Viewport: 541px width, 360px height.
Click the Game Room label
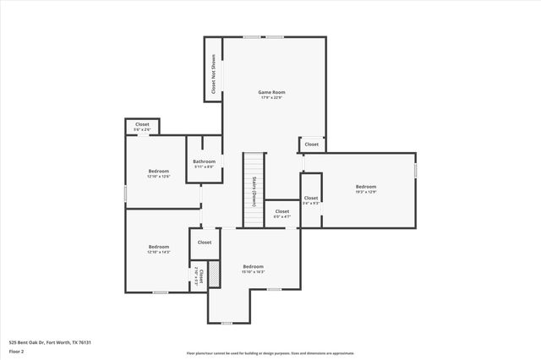pyautogui.click(x=271, y=92)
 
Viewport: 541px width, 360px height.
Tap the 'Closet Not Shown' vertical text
pyautogui.click(x=212, y=74)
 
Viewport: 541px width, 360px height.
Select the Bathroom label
pyautogui.click(x=204, y=161)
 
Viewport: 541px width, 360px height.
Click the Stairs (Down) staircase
pyautogui.click(x=254, y=190)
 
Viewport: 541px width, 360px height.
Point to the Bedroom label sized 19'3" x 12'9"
pyautogui.click(x=365, y=187)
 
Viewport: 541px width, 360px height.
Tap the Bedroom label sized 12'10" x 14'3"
pyautogui.click(x=159, y=247)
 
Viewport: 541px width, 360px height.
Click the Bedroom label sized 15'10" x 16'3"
pyautogui.click(x=254, y=266)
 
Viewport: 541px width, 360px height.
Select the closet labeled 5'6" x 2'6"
pyautogui.click(x=142, y=125)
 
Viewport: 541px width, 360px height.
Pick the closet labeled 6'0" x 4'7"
pyautogui.click(x=282, y=212)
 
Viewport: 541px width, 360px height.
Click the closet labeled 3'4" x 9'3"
pyautogui.click(x=311, y=199)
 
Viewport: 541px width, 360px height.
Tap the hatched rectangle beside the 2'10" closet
pyautogui.click(x=216, y=271)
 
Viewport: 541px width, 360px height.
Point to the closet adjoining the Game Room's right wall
pyautogui.click(x=311, y=145)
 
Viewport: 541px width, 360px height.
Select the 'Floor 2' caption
pyautogui.click(x=17, y=352)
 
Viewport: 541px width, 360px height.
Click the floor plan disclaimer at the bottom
pyautogui.click(x=270, y=352)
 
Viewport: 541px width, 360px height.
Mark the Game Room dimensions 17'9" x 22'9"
pyautogui.click(x=271, y=98)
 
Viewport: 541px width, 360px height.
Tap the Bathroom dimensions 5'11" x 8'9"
pyautogui.click(x=204, y=166)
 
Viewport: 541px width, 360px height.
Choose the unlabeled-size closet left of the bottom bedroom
pyautogui.click(x=205, y=243)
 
